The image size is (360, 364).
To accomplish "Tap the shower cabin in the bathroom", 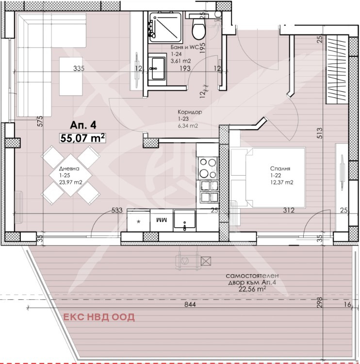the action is [x=165, y=28].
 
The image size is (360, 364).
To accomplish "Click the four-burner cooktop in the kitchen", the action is [x=208, y=168].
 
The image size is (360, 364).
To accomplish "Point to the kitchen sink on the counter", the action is [x=185, y=220].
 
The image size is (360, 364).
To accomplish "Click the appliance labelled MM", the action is [x=162, y=220].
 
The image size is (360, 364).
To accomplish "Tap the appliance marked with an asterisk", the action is [x=138, y=220].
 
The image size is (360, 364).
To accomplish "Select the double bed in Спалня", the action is [x=268, y=177].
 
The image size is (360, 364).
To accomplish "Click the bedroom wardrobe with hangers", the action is [x=337, y=69].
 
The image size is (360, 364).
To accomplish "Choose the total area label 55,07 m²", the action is [x=82, y=138].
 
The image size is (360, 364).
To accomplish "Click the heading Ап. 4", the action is [x=83, y=126].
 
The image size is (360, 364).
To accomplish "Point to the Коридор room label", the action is [x=190, y=112].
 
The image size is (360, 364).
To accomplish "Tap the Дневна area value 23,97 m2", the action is [x=70, y=182].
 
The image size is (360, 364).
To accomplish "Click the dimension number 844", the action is [x=190, y=304].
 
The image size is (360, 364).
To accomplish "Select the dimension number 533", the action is [x=117, y=210].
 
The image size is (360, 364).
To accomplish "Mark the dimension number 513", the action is [x=319, y=133].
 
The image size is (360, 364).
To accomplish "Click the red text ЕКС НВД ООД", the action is [x=99, y=317].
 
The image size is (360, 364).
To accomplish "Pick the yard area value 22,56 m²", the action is [x=252, y=289].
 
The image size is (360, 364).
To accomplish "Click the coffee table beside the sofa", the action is [x=71, y=76].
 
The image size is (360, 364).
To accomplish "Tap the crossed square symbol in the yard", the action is [x=206, y=261].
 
